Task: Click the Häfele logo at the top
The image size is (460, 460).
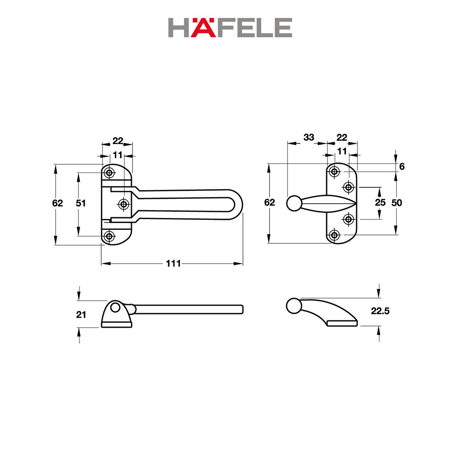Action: (x=230, y=28)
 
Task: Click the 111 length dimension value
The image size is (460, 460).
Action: (x=173, y=264)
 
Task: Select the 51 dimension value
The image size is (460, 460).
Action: (x=80, y=203)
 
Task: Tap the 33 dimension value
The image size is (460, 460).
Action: (x=309, y=137)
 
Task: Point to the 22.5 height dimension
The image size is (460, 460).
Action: (x=380, y=311)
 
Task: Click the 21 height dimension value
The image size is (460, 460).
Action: (x=81, y=315)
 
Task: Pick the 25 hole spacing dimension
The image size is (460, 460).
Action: (x=380, y=202)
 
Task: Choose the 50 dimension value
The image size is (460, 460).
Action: (x=397, y=203)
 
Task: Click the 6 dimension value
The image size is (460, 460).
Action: (x=402, y=167)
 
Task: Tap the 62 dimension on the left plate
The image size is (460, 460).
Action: (x=57, y=203)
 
